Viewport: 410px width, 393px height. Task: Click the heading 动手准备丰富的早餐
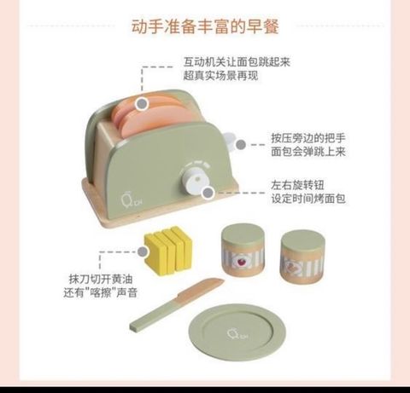click(x=205, y=26)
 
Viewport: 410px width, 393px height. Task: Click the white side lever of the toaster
click(x=230, y=140)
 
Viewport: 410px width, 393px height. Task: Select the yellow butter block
click(x=168, y=251)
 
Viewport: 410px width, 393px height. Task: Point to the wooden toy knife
click(x=177, y=304)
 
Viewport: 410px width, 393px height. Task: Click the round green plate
click(x=237, y=332)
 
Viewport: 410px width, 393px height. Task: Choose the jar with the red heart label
click(x=243, y=251)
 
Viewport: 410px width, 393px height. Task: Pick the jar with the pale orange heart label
click(x=302, y=256)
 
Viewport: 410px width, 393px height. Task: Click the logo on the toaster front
click(x=132, y=200)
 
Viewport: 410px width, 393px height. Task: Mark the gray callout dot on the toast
click(x=142, y=104)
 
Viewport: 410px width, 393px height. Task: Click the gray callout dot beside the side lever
click(x=241, y=145)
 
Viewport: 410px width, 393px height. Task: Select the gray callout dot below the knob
click(x=208, y=193)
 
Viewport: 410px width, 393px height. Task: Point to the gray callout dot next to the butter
click(x=143, y=251)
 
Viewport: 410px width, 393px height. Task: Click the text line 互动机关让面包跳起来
click(x=237, y=61)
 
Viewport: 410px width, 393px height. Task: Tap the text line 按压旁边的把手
click(x=308, y=138)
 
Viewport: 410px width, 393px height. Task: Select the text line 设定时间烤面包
click(x=308, y=199)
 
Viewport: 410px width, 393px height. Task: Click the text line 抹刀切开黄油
click(x=101, y=279)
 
